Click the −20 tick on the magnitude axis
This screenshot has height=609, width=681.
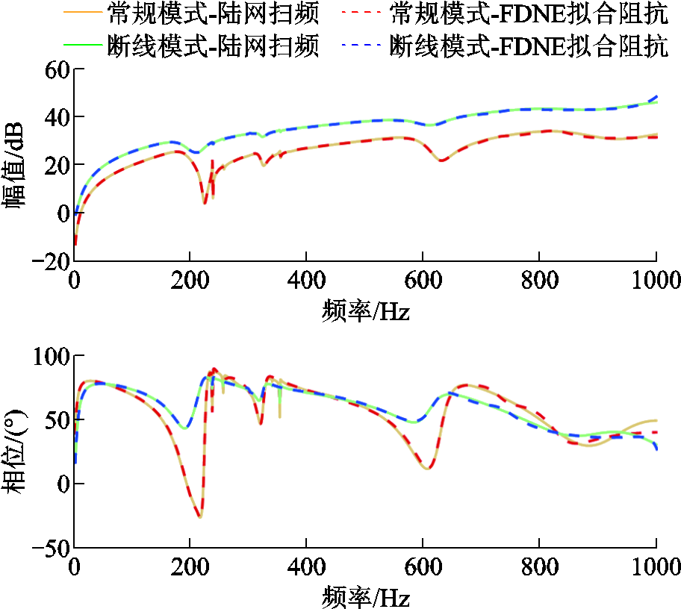click(49, 261)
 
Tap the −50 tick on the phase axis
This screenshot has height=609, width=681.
click(49, 548)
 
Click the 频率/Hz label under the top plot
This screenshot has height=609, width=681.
click(366, 309)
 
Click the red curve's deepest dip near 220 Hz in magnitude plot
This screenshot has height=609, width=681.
click(205, 202)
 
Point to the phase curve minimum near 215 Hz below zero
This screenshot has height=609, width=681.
click(199, 516)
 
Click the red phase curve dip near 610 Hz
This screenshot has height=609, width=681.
click(426, 468)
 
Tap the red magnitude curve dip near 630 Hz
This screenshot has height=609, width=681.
click(442, 160)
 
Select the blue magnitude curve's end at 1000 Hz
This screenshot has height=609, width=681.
click(656, 96)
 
